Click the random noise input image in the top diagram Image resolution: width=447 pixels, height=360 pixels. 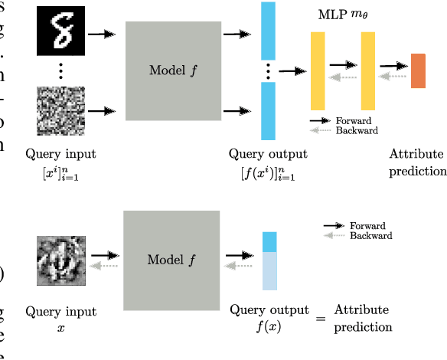(x=60, y=111)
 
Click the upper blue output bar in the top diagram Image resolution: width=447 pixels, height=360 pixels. (x=268, y=31)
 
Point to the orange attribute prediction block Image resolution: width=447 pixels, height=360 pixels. (x=418, y=71)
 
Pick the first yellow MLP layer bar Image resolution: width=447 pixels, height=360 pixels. (x=318, y=71)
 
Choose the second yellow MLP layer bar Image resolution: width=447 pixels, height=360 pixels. (x=367, y=71)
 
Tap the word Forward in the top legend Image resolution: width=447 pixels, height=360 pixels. (x=353, y=121)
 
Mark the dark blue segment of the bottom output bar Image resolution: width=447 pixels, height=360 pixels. (x=269, y=242)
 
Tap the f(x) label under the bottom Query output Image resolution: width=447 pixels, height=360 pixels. (x=269, y=326)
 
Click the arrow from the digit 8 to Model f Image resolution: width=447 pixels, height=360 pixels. (x=102, y=34)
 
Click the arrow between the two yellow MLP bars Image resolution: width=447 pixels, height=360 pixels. (x=344, y=66)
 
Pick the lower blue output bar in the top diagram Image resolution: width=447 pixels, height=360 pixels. (x=268, y=111)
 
